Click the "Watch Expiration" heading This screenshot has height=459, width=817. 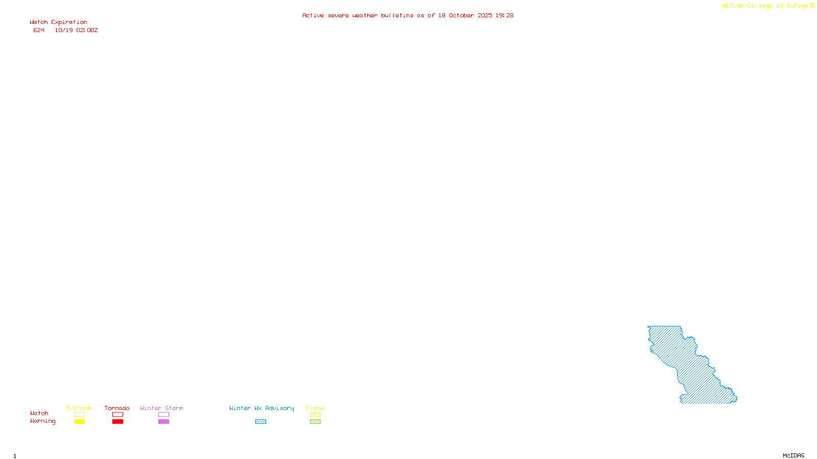[58, 22]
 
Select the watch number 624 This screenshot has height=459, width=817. [39, 31]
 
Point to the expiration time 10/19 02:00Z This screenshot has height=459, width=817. [76, 31]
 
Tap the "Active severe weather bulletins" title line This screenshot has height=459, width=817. [407, 16]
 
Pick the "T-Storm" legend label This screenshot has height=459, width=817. [79, 408]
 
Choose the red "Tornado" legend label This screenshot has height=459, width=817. [117, 408]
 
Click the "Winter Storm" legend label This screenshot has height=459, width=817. [161, 408]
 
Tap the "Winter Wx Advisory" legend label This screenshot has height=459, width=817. [261, 408]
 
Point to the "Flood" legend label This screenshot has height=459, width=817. [315, 408]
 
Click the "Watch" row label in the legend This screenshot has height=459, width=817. [39, 414]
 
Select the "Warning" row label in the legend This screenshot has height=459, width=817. [42, 421]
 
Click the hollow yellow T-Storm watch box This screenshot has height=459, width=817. [79, 415]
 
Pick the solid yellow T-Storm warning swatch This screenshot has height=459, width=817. [79, 422]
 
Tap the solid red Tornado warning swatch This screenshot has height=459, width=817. [117, 422]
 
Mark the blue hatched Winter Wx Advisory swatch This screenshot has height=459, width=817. [260, 422]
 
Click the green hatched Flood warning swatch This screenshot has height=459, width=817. [315, 422]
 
